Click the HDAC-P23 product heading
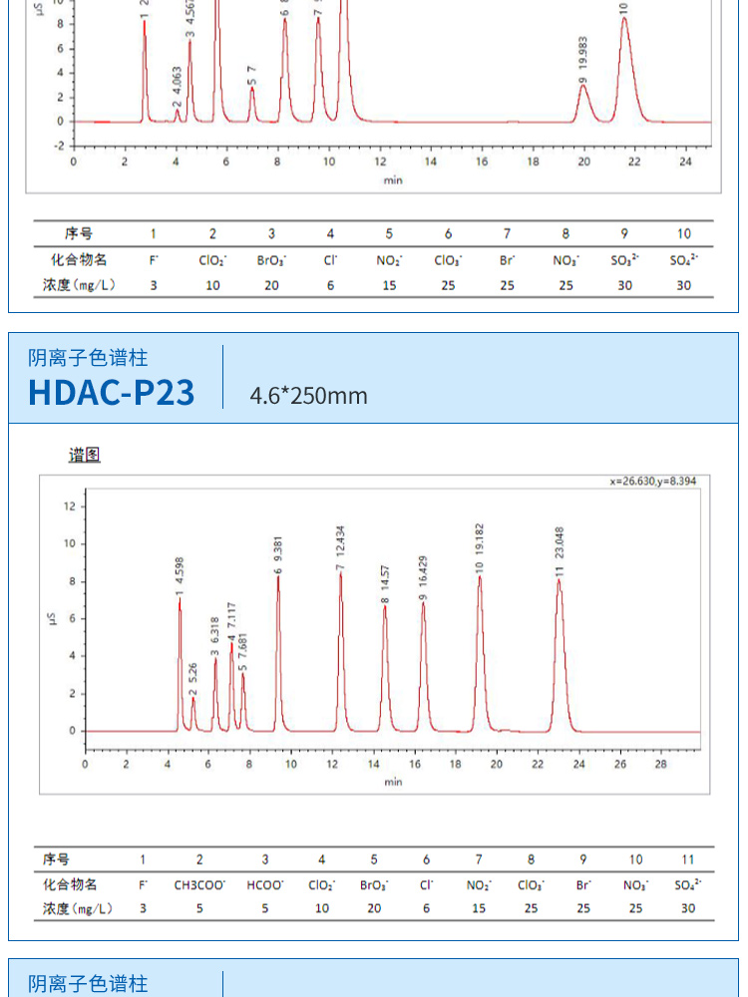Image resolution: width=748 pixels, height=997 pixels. click(x=112, y=392)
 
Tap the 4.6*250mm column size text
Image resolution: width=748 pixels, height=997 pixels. click(x=308, y=396)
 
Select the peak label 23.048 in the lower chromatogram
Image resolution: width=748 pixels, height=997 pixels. click(x=560, y=556)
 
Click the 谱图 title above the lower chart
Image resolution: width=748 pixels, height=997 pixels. click(x=85, y=456)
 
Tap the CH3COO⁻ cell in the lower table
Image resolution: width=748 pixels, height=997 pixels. click(x=199, y=883)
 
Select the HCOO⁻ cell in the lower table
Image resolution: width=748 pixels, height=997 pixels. click(x=264, y=883)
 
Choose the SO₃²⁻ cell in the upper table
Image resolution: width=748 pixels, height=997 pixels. click(x=625, y=259)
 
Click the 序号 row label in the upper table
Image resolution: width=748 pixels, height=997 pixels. click(x=79, y=233)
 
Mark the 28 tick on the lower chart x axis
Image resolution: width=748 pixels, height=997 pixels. click(x=660, y=765)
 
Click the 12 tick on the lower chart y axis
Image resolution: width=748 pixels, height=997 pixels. click(x=69, y=506)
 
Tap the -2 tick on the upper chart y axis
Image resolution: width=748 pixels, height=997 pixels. click(x=59, y=146)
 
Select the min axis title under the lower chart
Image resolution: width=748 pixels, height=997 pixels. click(x=393, y=782)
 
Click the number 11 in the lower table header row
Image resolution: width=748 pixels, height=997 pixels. click(x=687, y=858)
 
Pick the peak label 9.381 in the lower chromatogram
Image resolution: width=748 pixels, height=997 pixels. click(x=278, y=552)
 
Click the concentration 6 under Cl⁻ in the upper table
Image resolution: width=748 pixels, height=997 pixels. click(x=330, y=285)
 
